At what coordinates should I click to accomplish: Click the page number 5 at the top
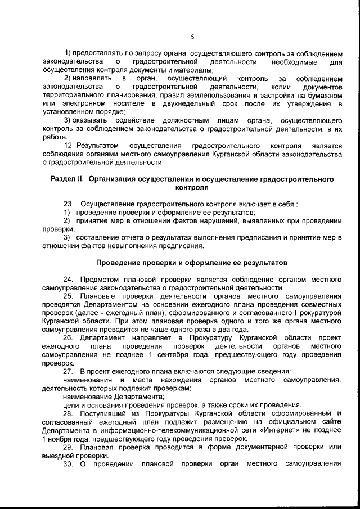(192, 37)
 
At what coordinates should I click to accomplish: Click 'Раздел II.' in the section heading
(66, 179)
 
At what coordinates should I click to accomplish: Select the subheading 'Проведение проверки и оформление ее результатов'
(192, 262)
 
